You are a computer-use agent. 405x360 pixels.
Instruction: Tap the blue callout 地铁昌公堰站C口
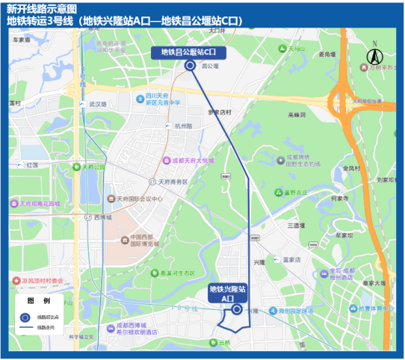point(189,52)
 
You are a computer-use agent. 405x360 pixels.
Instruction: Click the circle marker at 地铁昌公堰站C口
point(190,66)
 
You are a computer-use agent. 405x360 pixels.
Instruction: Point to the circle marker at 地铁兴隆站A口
point(237,309)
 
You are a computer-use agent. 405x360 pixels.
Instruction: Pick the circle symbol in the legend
point(25,317)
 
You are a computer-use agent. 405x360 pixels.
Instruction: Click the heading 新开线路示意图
point(42,8)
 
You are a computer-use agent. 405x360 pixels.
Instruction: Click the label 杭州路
point(183,126)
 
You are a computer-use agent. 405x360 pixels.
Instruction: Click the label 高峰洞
point(297,115)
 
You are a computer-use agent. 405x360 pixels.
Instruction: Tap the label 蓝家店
point(291,260)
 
